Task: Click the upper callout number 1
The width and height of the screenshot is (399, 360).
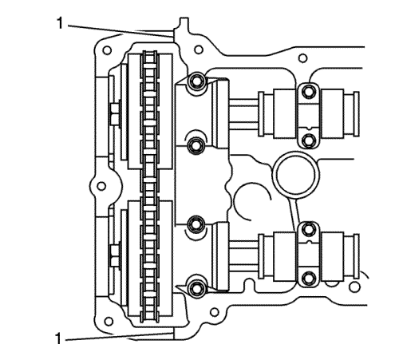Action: click(60, 23)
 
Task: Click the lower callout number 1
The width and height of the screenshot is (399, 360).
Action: click(58, 338)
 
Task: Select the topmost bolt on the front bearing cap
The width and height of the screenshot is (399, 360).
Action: click(197, 81)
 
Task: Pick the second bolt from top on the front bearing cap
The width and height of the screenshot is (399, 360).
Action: click(197, 145)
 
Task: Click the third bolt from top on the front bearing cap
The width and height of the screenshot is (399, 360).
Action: click(196, 224)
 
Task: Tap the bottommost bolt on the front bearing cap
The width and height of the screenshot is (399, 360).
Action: click(197, 287)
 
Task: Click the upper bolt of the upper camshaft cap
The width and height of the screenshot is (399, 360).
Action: click(309, 92)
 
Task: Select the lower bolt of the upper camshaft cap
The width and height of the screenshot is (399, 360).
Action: click(309, 140)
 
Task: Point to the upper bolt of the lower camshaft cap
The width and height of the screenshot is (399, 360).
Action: click(309, 229)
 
